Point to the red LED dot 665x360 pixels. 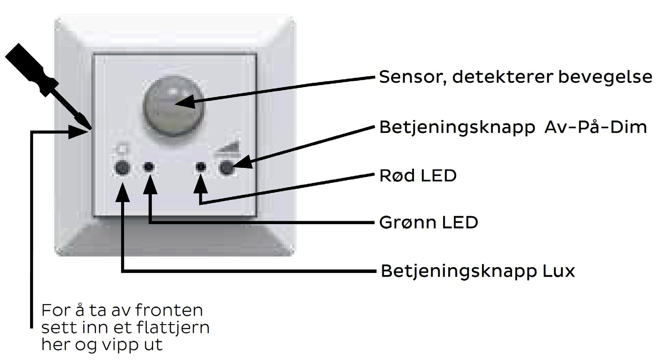point(201,167)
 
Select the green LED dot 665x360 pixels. point(149,167)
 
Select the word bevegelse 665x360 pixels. point(605,77)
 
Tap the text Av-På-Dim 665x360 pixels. point(595,127)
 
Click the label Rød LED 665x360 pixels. point(418,176)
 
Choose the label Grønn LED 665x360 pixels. point(429,223)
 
